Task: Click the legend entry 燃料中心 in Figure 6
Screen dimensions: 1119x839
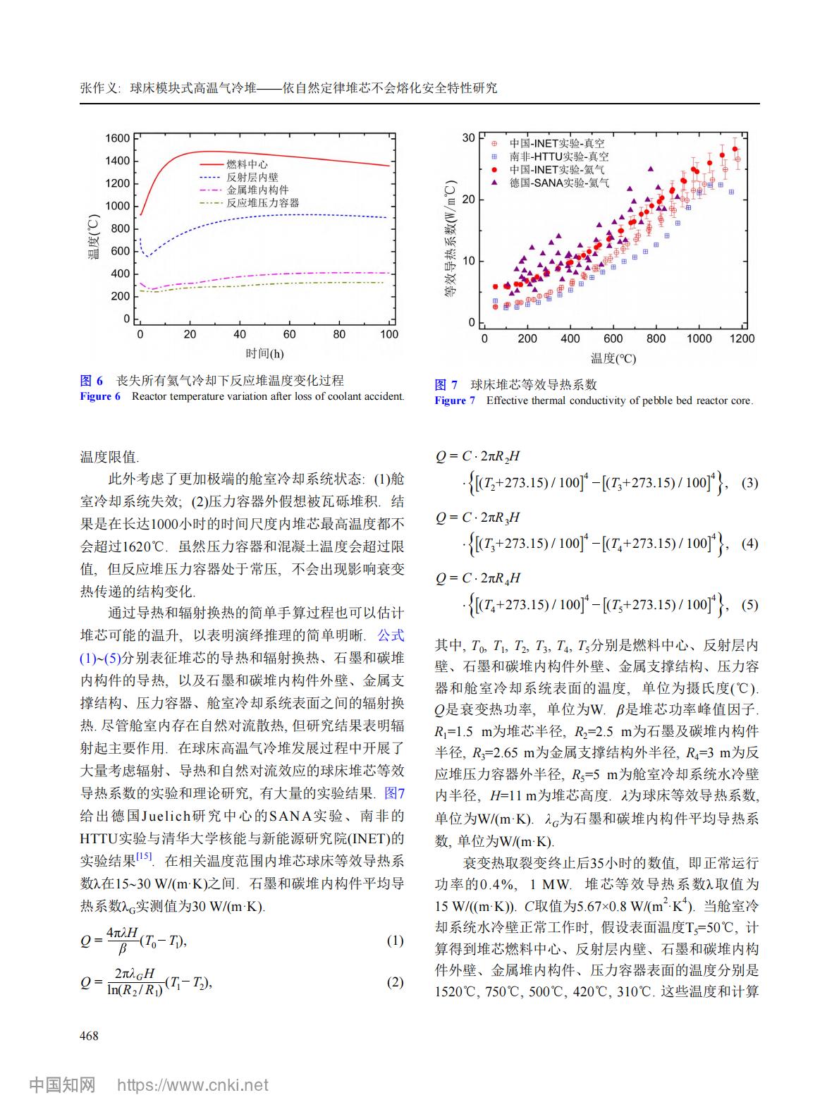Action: pos(246,164)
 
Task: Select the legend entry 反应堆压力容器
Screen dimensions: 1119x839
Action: pos(262,203)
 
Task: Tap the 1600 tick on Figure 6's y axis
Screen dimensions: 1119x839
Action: pos(117,138)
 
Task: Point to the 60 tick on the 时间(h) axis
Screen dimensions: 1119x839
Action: pos(290,334)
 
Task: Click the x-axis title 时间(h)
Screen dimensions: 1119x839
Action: pos(264,353)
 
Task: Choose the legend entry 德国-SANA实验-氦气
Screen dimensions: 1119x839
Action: pos(559,183)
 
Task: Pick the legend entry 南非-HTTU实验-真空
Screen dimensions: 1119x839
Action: pos(559,157)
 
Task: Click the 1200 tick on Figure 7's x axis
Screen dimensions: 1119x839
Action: pos(742,338)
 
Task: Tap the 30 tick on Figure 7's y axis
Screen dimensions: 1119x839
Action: pos(468,137)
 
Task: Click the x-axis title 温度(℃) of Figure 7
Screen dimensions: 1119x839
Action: pos(613,358)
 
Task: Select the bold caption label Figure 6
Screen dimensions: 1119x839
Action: pos(100,396)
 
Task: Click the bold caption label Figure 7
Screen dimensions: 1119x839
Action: pos(455,400)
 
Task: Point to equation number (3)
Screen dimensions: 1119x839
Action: pos(749,483)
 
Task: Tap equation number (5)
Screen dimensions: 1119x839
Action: pos(749,604)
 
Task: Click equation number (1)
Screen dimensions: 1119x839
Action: pos(395,941)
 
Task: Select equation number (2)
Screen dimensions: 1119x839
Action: pos(395,982)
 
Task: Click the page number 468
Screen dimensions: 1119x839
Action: pos(89,1036)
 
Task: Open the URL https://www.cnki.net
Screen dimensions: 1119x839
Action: pos(192,1084)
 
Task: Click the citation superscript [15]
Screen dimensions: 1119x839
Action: pos(145,857)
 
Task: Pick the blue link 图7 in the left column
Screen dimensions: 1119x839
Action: pos(395,793)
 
